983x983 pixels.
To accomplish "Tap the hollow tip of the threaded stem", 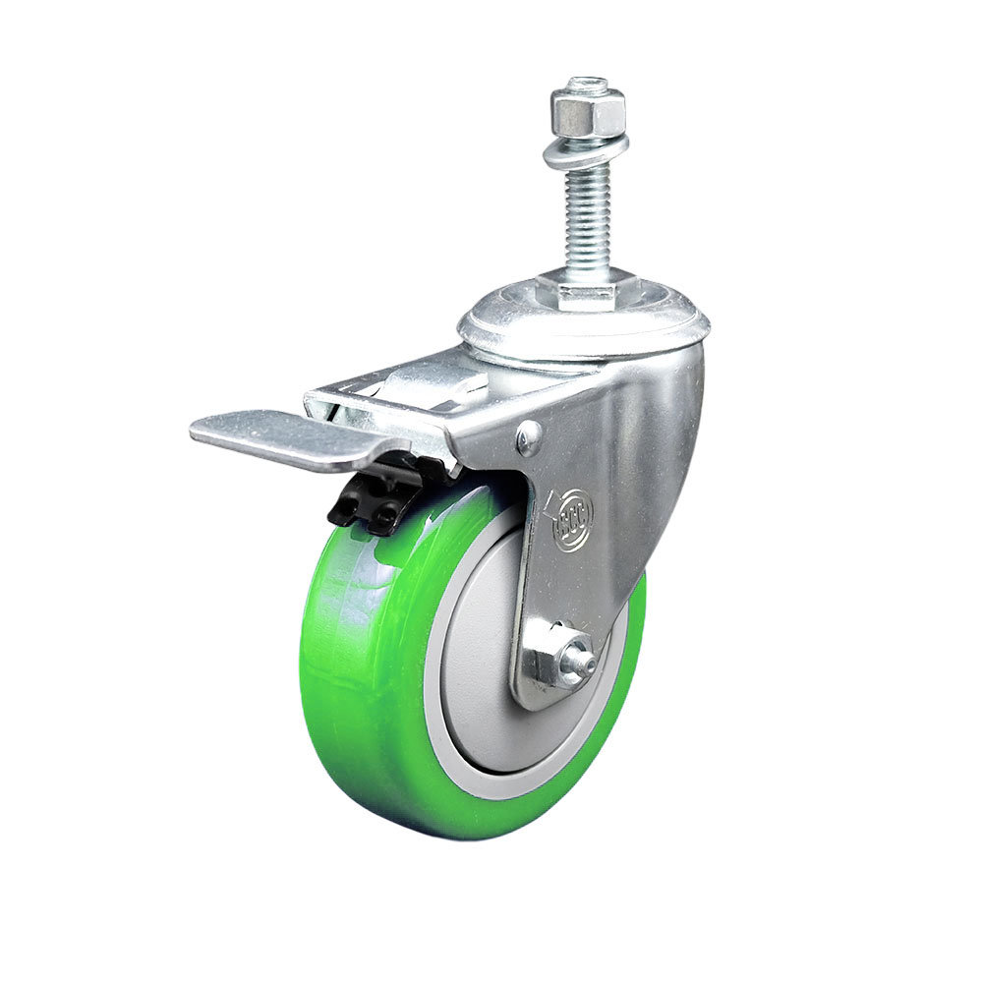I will (x=588, y=83).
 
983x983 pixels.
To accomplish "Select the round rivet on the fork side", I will (x=528, y=439).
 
